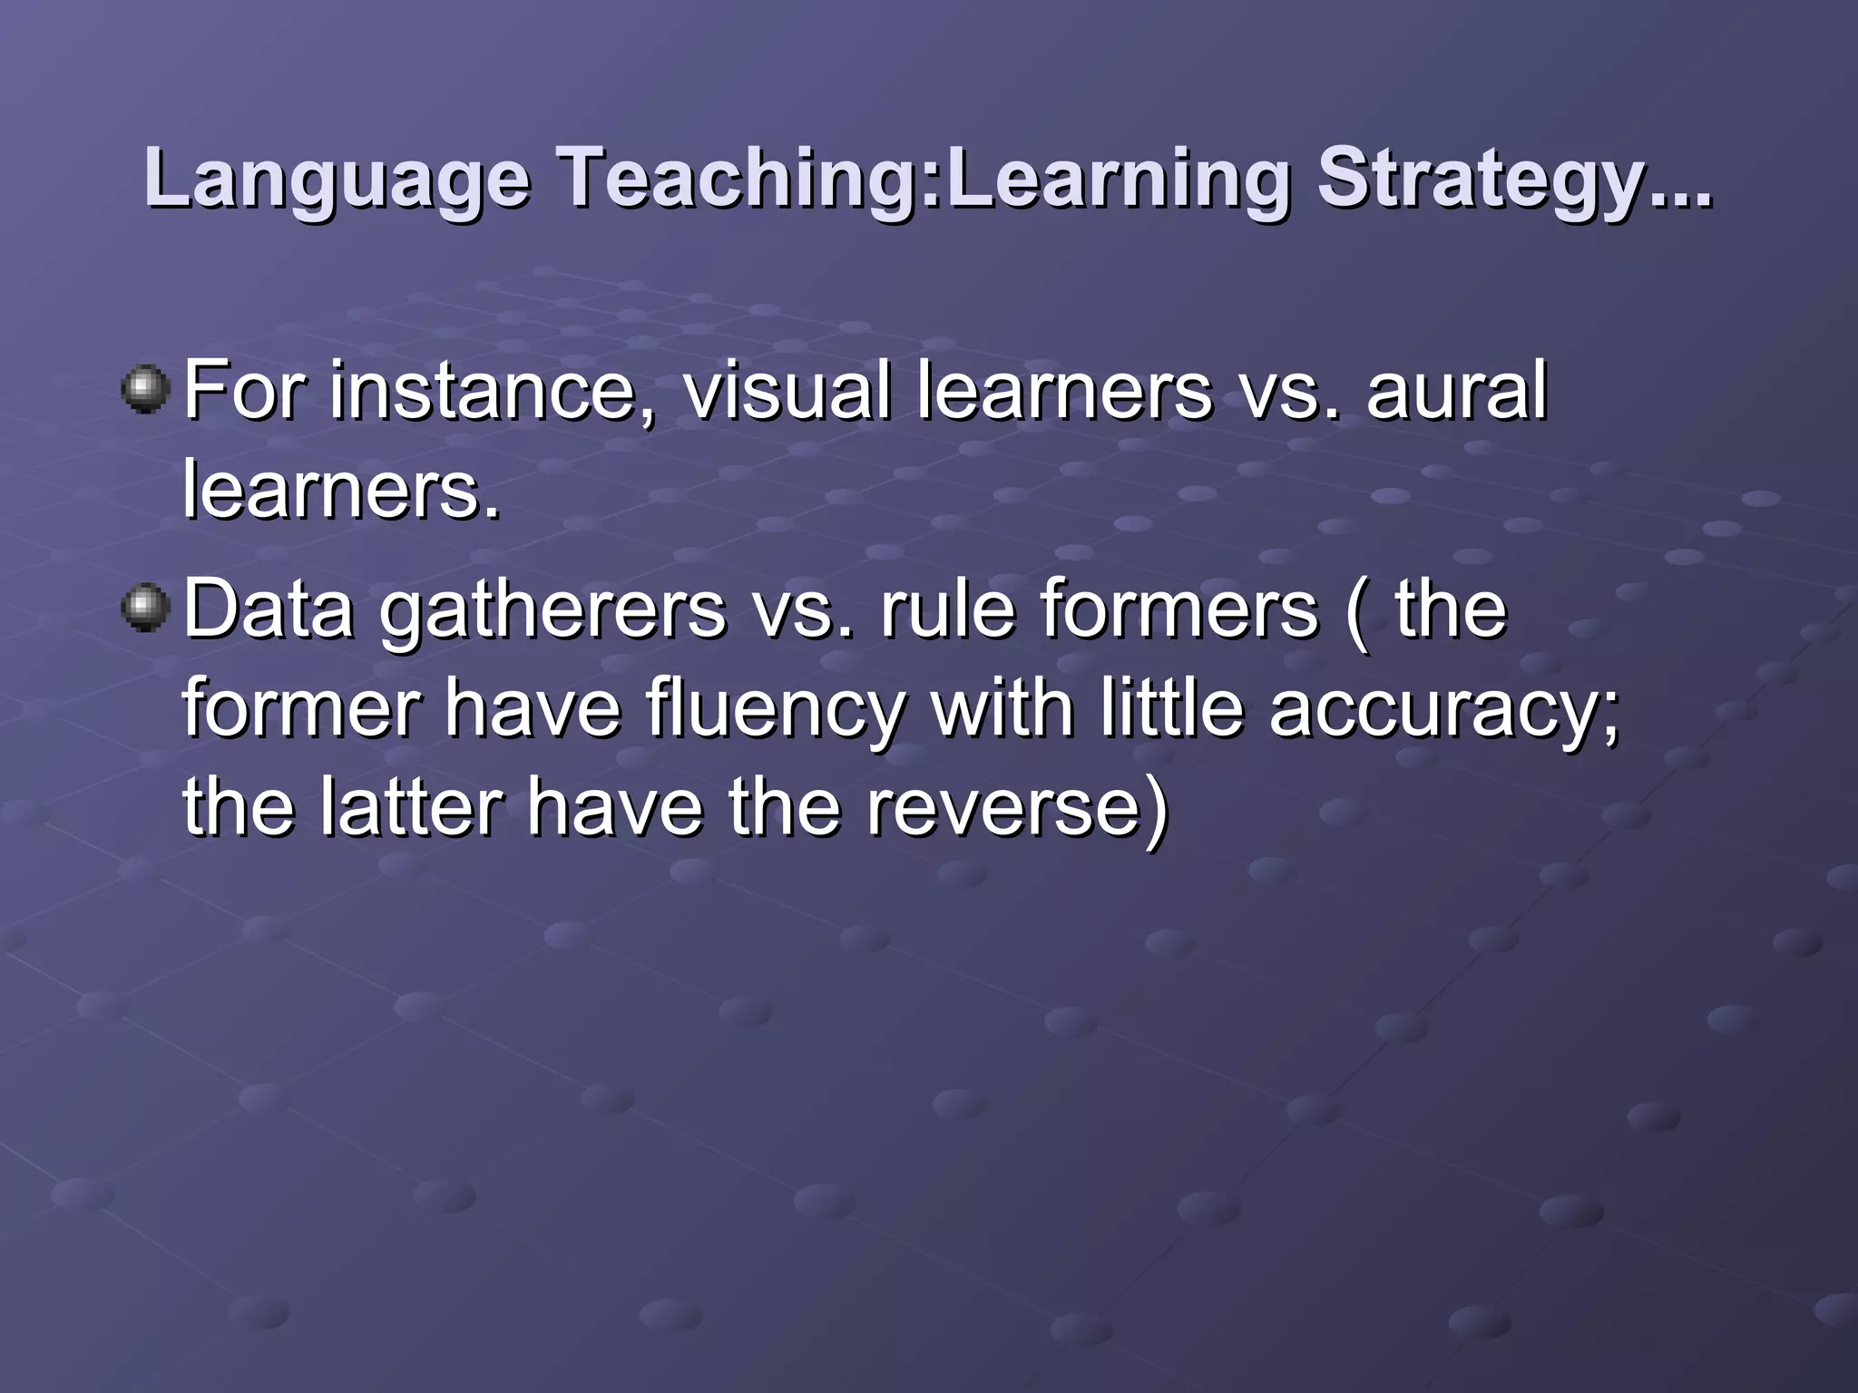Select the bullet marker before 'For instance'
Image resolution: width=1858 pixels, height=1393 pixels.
click(x=145, y=390)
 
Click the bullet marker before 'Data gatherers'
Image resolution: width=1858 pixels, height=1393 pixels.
click(x=145, y=608)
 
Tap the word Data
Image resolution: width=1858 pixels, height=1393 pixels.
click(x=269, y=609)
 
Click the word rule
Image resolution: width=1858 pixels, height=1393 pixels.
click(x=947, y=609)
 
